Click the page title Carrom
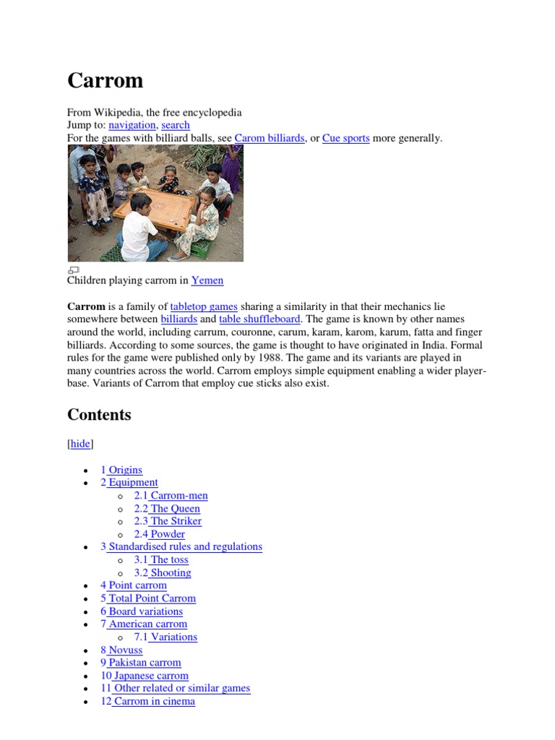click(x=106, y=80)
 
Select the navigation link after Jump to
click(x=132, y=125)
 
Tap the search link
click(x=176, y=125)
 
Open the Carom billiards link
click(x=270, y=138)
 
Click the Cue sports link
click(x=345, y=138)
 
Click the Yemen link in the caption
click(x=207, y=280)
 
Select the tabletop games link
click(x=204, y=306)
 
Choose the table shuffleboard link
click(x=260, y=319)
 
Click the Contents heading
click(x=99, y=415)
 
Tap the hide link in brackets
click(x=80, y=444)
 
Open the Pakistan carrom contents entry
click(x=141, y=663)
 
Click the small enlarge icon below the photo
click(x=73, y=270)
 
